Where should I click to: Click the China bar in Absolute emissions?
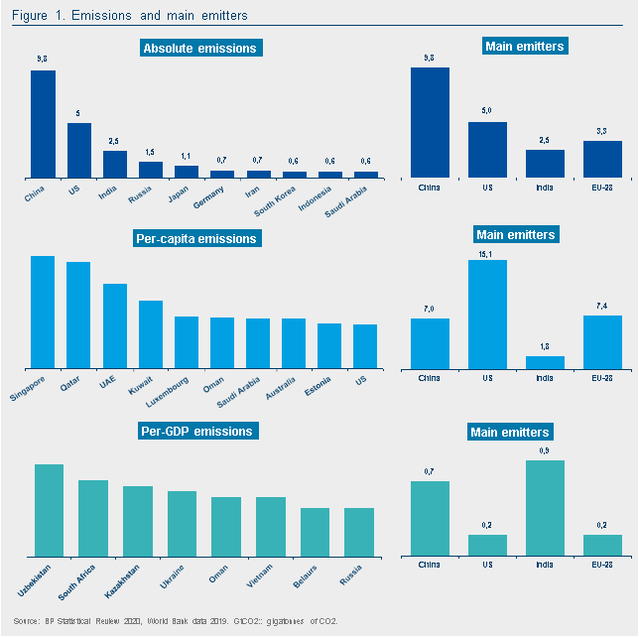point(43,124)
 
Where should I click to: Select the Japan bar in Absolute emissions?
point(187,172)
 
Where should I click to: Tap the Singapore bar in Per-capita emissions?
point(43,312)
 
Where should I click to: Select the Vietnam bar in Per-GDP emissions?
point(271,526)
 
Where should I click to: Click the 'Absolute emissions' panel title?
point(199,49)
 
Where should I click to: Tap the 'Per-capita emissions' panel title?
point(195,238)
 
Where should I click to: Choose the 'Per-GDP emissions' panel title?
point(195,431)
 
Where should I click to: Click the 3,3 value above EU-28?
point(602,132)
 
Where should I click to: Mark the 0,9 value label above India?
point(545,451)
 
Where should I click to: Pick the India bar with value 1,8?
point(545,362)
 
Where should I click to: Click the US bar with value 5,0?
point(487,150)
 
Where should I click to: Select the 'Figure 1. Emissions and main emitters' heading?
point(130,16)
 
